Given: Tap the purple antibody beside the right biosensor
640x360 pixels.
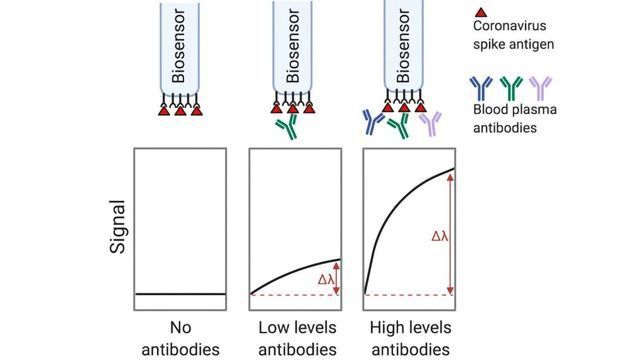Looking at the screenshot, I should [430, 124].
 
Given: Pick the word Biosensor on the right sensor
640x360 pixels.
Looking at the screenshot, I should [406, 46].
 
